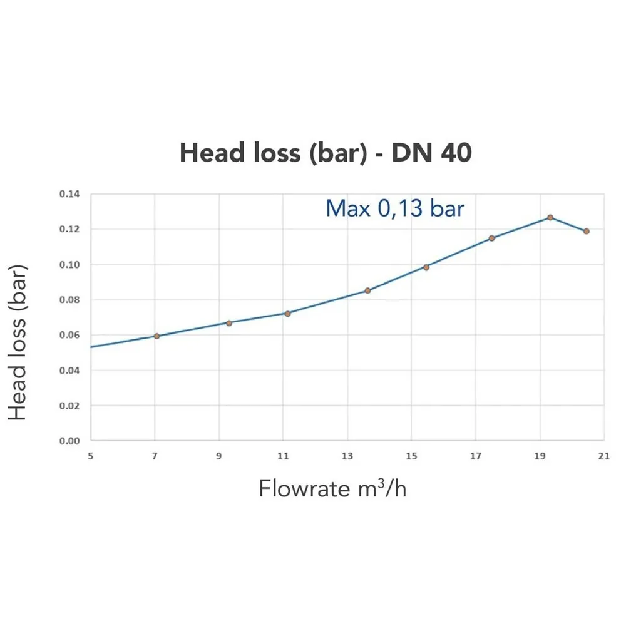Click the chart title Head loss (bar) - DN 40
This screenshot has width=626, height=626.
tap(326, 153)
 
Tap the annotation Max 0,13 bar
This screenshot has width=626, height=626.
tap(395, 208)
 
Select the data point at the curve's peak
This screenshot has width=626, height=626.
tap(550, 217)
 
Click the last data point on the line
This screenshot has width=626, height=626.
tap(587, 231)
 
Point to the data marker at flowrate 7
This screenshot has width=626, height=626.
tap(156, 336)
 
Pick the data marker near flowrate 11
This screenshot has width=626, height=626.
tap(287, 313)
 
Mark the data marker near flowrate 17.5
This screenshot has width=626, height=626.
tap(491, 238)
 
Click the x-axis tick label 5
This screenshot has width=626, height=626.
tap(91, 456)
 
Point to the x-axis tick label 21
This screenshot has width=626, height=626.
tap(603, 456)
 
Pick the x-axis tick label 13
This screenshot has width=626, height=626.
tap(347, 456)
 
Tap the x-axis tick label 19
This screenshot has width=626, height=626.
tap(540, 456)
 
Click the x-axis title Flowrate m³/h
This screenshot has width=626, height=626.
tap(332, 488)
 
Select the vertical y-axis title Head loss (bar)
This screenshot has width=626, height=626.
tap(19, 342)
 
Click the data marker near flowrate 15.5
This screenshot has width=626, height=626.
tap(426, 267)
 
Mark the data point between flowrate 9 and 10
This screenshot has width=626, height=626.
tap(229, 323)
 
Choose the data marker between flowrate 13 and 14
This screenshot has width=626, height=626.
tap(367, 290)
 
